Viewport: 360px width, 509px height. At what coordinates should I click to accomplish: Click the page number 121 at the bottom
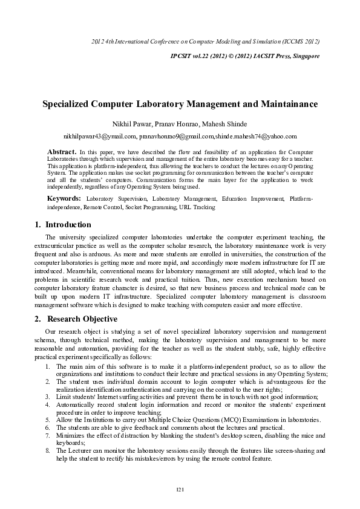[x=180, y=488]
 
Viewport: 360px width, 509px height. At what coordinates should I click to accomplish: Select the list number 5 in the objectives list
[x=48, y=420]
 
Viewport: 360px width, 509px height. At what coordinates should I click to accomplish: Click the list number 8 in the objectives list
[x=48, y=450]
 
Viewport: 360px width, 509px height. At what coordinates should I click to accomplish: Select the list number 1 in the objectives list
[x=48, y=366]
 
